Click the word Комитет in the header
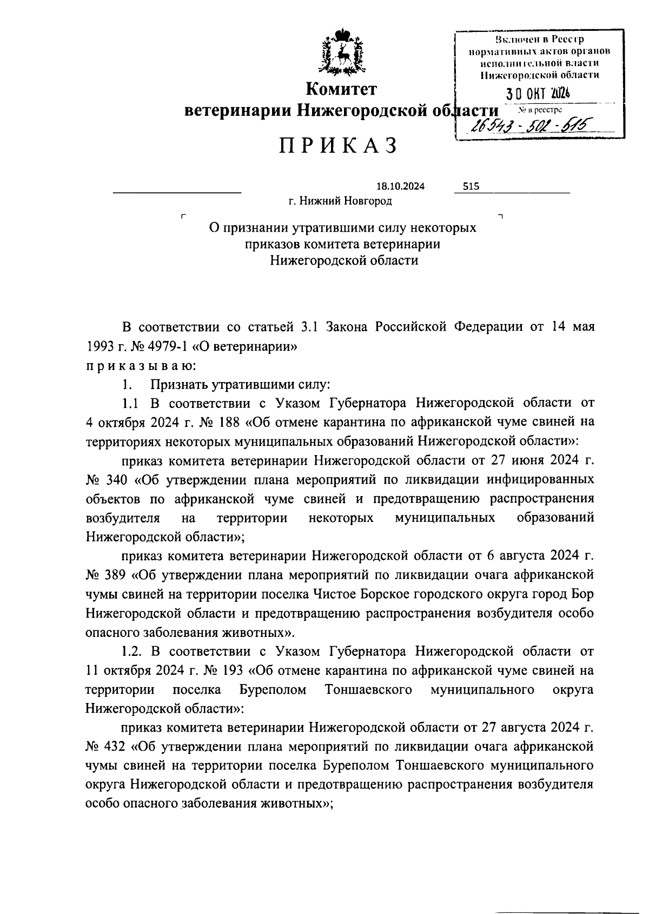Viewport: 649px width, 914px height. tap(341, 89)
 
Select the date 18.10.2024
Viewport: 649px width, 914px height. tap(400, 187)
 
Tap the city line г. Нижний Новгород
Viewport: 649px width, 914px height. tap(340, 201)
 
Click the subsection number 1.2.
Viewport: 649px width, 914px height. tap(133, 652)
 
